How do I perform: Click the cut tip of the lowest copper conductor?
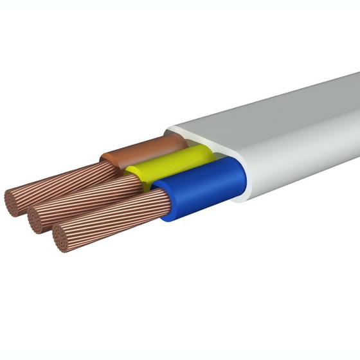(x=64, y=239)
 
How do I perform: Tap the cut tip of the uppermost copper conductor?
(x=17, y=203)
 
